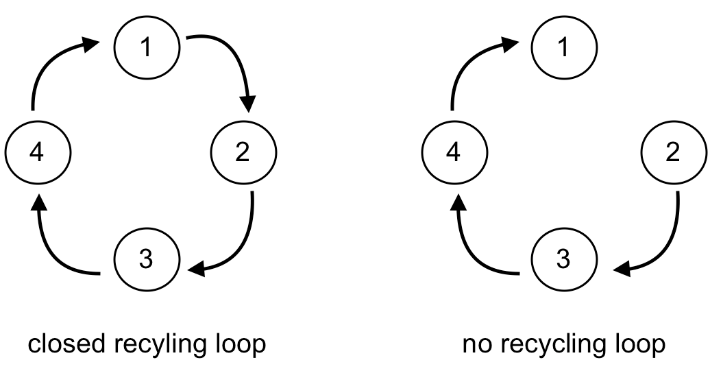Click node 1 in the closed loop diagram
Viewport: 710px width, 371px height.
point(147,48)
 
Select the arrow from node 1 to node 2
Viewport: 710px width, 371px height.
point(233,58)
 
